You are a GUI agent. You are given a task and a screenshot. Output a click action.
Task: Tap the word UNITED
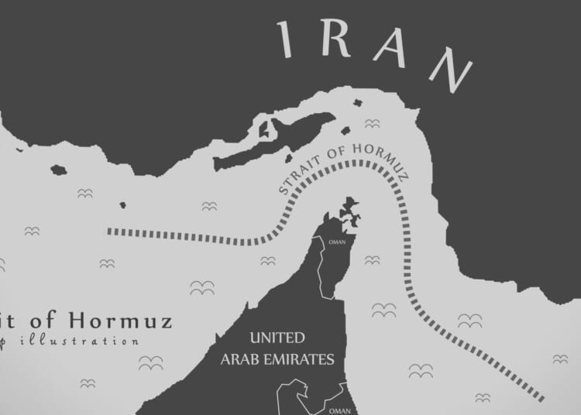[x=277, y=338]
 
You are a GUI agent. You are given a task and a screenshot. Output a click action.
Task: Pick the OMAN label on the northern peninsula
[x=338, y=241]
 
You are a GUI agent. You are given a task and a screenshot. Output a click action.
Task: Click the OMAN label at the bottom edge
[x=338, y=411]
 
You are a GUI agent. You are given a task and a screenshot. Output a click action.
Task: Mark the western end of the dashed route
[x=109, y=231]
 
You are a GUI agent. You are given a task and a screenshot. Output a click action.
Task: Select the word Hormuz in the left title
[x=119, y=321]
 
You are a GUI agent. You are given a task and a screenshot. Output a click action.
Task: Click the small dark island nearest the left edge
[x=58, y=170]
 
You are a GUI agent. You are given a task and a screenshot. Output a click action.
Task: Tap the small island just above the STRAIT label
[x=345, y=131]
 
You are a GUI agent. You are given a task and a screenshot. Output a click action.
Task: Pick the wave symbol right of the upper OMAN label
[x=373, y=260]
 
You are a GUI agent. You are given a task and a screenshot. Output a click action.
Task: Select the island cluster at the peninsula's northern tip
[x=349, y=211]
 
